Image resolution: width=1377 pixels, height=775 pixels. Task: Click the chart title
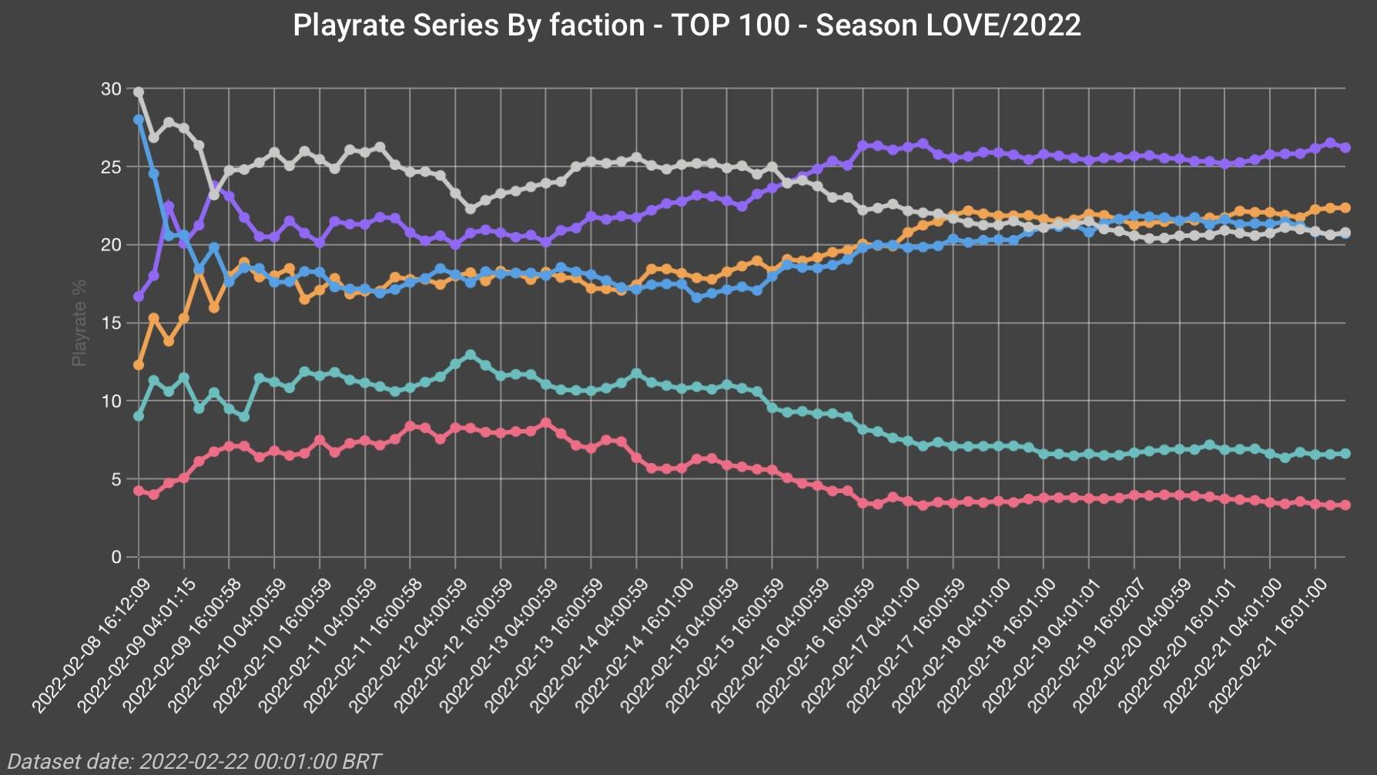click(687, 25)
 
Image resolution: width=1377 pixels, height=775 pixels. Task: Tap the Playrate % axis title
click(79, 323)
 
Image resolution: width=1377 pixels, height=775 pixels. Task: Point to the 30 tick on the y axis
click(112, 89)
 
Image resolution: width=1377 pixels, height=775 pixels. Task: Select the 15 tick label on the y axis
click(112, 323)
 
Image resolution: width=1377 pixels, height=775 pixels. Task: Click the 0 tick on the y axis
click(116, 557)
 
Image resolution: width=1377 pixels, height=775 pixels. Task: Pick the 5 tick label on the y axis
click(116, 479)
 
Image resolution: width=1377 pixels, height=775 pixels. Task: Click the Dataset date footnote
click(195, 761)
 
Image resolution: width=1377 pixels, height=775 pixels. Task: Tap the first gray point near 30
click(139, 92)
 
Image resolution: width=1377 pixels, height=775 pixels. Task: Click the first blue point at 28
click(139, 120)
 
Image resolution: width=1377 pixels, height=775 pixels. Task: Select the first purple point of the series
click(139, 297)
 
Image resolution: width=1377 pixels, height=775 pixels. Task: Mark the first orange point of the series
click(139, 365)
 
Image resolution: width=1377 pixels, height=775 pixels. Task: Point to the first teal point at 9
click(139, 416)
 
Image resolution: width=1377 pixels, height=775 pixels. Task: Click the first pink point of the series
click(139, 491)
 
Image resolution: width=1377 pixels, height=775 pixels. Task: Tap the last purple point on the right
click(1345, 148)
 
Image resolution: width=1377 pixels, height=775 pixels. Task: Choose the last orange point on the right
click(1345, 208)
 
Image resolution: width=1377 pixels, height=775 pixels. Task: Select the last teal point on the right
click(1345, 454)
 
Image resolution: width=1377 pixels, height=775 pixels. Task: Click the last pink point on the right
click(1345, 505)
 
